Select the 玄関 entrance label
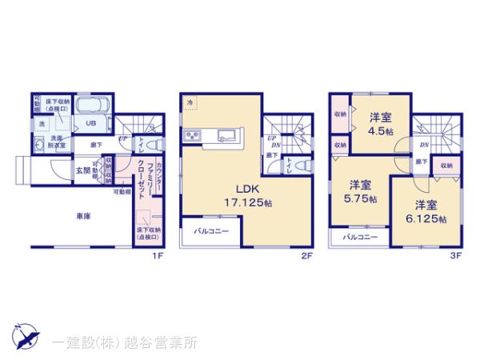coord(82,170)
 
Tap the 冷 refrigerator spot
coord(190,102)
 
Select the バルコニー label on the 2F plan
coord(210,232)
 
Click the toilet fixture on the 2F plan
coord(301,166)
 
